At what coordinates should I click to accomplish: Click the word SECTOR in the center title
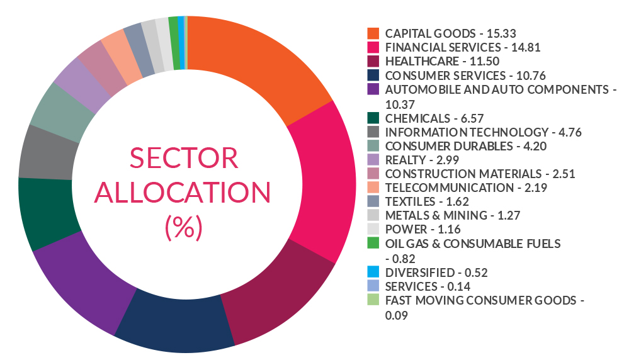click(183, 157)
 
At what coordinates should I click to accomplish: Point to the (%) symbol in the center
click(183, 225)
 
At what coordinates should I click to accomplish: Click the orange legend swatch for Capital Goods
click(373, 33)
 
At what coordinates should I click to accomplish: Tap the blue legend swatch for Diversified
click(373, 272)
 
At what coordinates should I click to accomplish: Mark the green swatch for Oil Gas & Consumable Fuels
click(373, 244)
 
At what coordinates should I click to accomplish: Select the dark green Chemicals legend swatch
click(373, 118)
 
